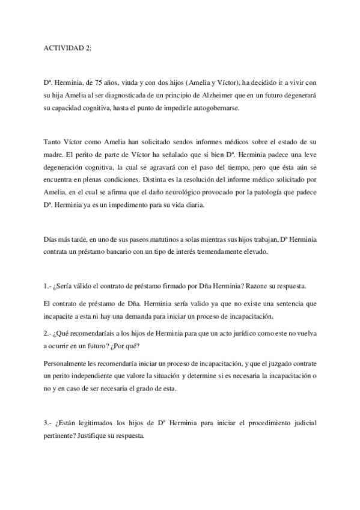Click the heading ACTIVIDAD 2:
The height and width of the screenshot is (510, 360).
(68, 49)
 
